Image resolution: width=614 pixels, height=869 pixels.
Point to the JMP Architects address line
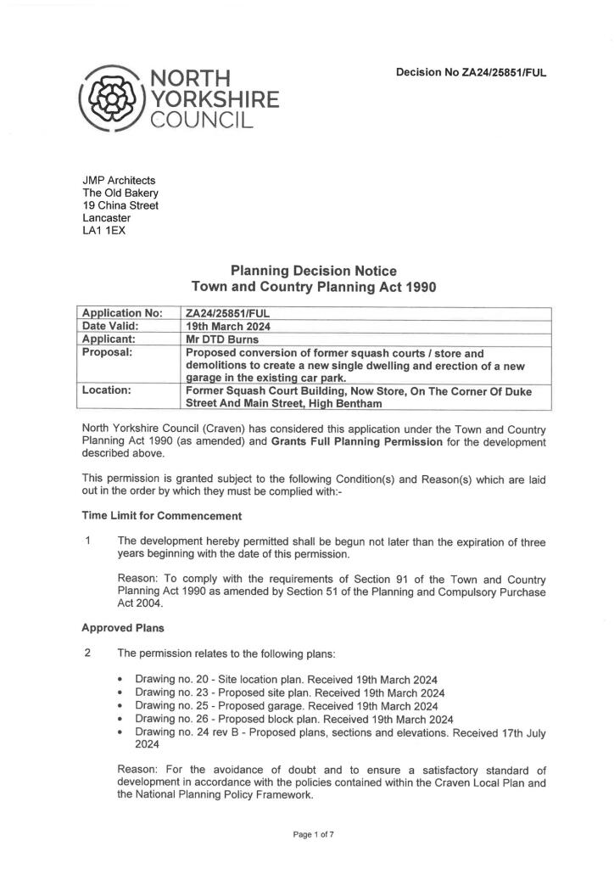click(119, 180)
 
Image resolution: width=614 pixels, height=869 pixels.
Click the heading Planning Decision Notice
click(314, 272)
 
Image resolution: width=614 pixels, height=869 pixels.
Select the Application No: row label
click(122, 313)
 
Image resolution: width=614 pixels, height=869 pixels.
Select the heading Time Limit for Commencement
click(161, 516)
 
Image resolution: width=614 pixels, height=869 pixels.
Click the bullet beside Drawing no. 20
click(122, 681)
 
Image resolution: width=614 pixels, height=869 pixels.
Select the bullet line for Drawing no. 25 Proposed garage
click(286, 706)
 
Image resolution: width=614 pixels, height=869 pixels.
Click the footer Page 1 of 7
click(313, 835)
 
